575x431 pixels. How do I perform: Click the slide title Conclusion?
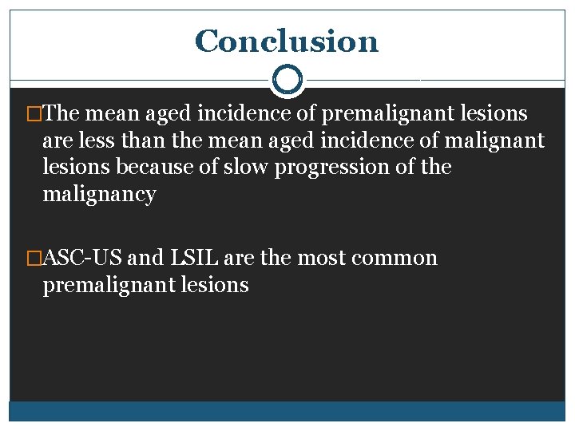pyautogui.click(x=286, y=42)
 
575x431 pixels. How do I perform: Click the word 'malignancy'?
pyautogui.click(x=99, y=195)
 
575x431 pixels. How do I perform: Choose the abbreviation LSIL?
pyautogui.click(x=196, y=259)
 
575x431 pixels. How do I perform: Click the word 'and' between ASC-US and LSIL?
pyautogui.click(x=145, y=259)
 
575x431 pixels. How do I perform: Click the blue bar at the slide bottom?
pyautogui.click(x=287, y=410)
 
